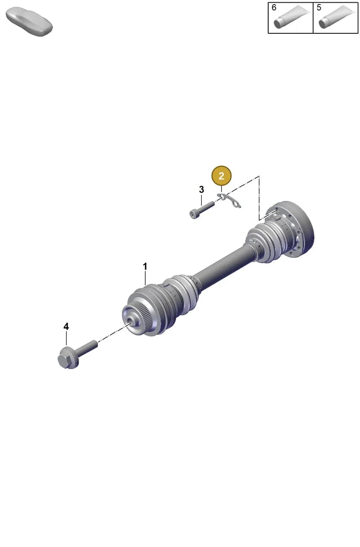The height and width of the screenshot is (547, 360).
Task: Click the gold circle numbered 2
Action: tap(221, 176)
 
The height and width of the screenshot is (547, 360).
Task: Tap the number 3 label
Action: tap(201, 190)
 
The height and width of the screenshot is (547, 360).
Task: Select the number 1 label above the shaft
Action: tap(145, 267)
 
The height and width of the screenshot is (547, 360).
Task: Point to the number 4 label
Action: tap(66, 326)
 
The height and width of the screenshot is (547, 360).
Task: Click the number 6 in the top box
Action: tap(274, 8)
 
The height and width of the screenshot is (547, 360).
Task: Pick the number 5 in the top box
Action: tap(319, 8)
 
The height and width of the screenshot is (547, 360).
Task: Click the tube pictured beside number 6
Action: tap(292, 17)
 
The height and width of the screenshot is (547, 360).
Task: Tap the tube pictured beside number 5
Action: tap(337, 17)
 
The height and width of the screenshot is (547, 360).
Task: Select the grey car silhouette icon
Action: tap(29, 22)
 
